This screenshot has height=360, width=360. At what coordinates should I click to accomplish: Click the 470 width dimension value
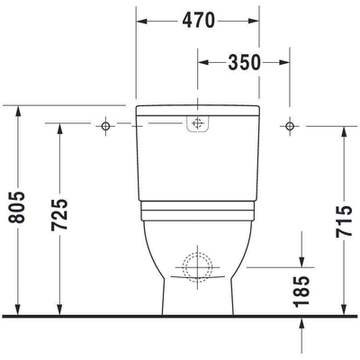click(x=197, y=19)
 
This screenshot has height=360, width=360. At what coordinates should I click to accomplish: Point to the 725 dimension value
click(x=59, y=216)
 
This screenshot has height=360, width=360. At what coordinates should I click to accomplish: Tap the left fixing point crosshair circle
click(x=105, y=125)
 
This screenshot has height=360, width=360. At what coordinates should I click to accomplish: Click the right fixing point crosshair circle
click(x=289, y=125)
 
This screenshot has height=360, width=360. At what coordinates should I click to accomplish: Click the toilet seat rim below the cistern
click(x=197, y=212)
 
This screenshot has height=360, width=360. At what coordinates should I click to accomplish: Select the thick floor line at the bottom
click(x=180, y=316)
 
